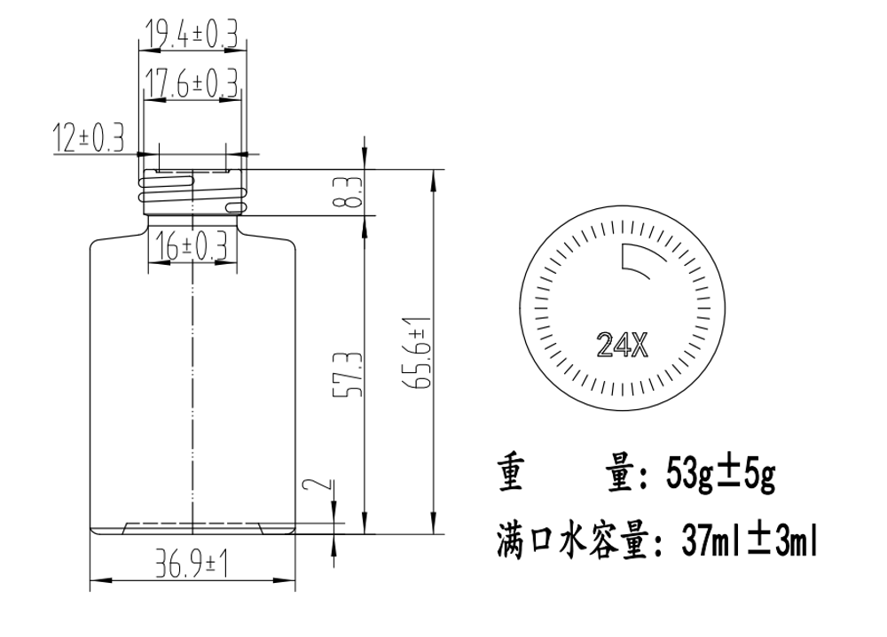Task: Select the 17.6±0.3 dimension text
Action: click(x=192, y=83)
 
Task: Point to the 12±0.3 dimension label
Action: click(x=88, y=138)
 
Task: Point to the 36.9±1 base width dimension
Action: click(x=192, y=565)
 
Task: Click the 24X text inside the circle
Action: click(x=622, y=345)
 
